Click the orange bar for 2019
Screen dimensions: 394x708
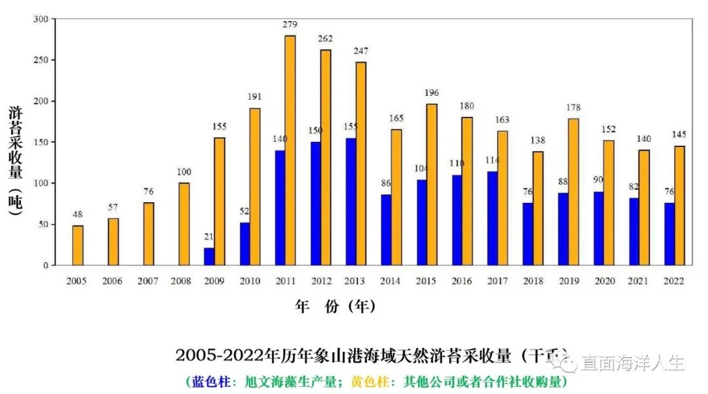click(x=573, y=191)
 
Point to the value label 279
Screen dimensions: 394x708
click(x=290, y=25)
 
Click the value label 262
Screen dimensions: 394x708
click(x=325, y=38)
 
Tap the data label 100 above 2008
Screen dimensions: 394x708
click(x=184, y=172)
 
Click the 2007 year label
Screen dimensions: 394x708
click(x=148, y=281)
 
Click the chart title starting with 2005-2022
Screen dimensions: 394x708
click(x=354, y=356)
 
